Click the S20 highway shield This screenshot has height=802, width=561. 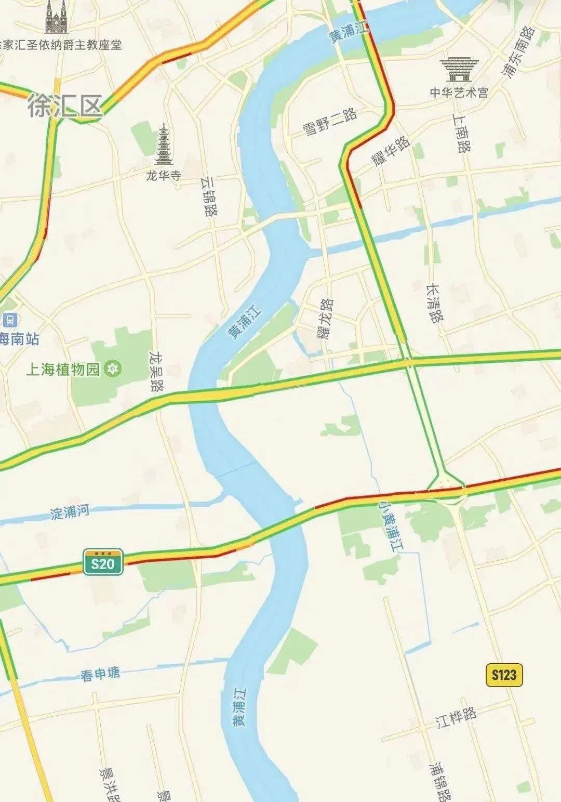click(x=103, y=562)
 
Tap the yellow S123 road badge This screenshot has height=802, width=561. click(x=504, y=675)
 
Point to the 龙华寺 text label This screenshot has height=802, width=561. click(x=164, y=176)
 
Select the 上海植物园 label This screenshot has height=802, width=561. click(x=62, y=370)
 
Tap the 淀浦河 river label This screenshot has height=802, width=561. click(x=70, y=512)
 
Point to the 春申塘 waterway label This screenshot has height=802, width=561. click(x=100, y=674)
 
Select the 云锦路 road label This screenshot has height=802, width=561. click(x=209, y=195)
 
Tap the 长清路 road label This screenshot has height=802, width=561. click(x=435, y=303)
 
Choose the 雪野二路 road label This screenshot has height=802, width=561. click(x=330, y=123)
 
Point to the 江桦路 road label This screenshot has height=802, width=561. click(x=456, y=717)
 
